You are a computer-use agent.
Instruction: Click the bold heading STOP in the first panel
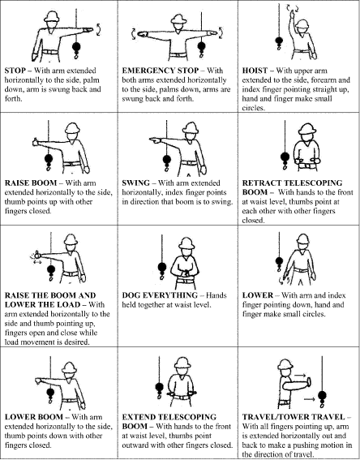[x=15, y=71]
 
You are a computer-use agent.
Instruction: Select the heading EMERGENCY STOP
[x=161, y=71]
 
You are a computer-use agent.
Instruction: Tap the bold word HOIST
[x=255, y=71]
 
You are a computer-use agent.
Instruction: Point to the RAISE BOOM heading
[x=31, y=183]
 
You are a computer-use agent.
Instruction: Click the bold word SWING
[x=135, y=183]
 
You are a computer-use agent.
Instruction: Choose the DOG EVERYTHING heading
[x=160, y=295]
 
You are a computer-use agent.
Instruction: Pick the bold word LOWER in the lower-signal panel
[x=258, y=295]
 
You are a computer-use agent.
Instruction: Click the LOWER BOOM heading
[x=34, y=417]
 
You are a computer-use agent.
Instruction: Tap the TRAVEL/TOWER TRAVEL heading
[x=294, y=417]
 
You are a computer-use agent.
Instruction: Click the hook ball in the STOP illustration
[x=76, y=46]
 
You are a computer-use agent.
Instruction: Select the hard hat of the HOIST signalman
[x=302, y=24]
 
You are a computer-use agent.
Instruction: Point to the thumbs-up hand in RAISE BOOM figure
[x=36, y=142]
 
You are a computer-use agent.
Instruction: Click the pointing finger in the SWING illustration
[x=155, y=140]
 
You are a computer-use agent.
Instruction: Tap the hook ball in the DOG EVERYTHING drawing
[x=162, y=267]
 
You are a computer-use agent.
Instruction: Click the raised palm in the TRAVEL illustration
[x=309, y=384]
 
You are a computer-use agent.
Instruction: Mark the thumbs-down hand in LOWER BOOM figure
[x=38, y=381]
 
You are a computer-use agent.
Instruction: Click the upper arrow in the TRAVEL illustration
[x=300, y=375]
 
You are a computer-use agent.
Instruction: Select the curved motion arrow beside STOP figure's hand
[x=99, y=30]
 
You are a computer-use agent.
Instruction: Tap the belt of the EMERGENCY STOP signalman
[x=178, y=55]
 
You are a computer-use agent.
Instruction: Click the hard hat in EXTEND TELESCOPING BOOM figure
[x=182, y=363]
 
